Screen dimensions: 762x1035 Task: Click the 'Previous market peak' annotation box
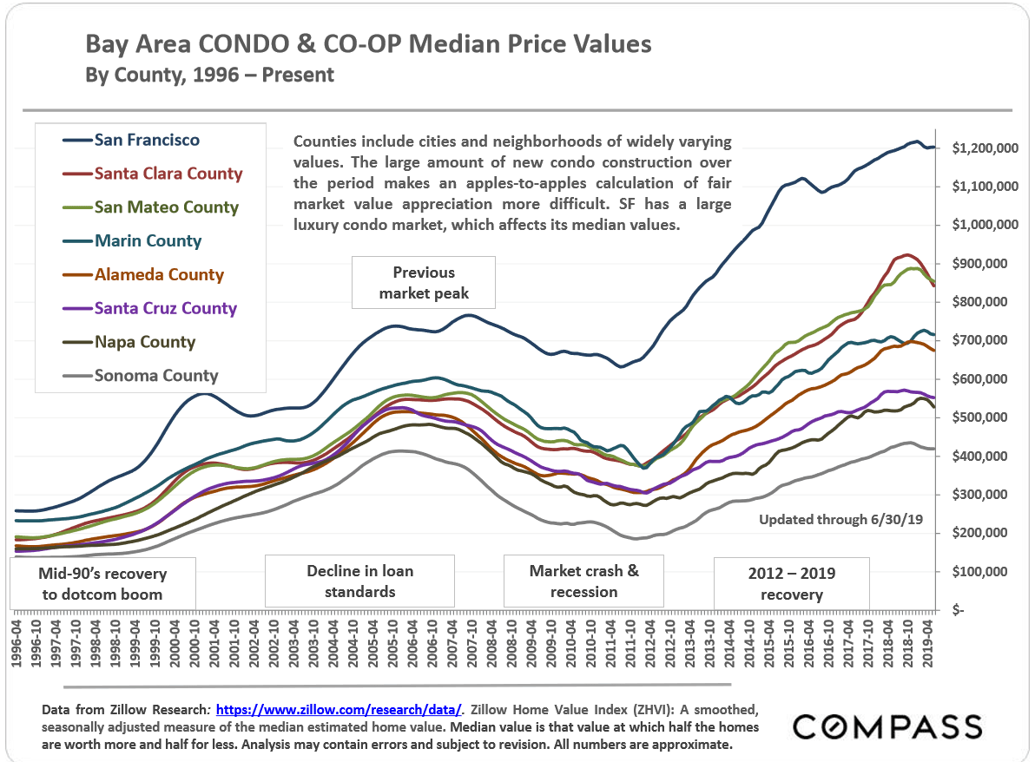coord(423,283)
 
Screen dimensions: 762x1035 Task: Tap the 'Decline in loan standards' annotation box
coord(359,581)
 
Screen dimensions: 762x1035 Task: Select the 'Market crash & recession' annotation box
coord(583,581)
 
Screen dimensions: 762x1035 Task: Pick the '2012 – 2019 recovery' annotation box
coord(790,583)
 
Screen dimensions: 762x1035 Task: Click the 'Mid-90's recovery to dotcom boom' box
coord(102,583)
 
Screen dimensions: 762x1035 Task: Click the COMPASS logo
coord(887,726)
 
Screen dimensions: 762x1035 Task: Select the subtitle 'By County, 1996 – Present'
coord(209,75)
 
